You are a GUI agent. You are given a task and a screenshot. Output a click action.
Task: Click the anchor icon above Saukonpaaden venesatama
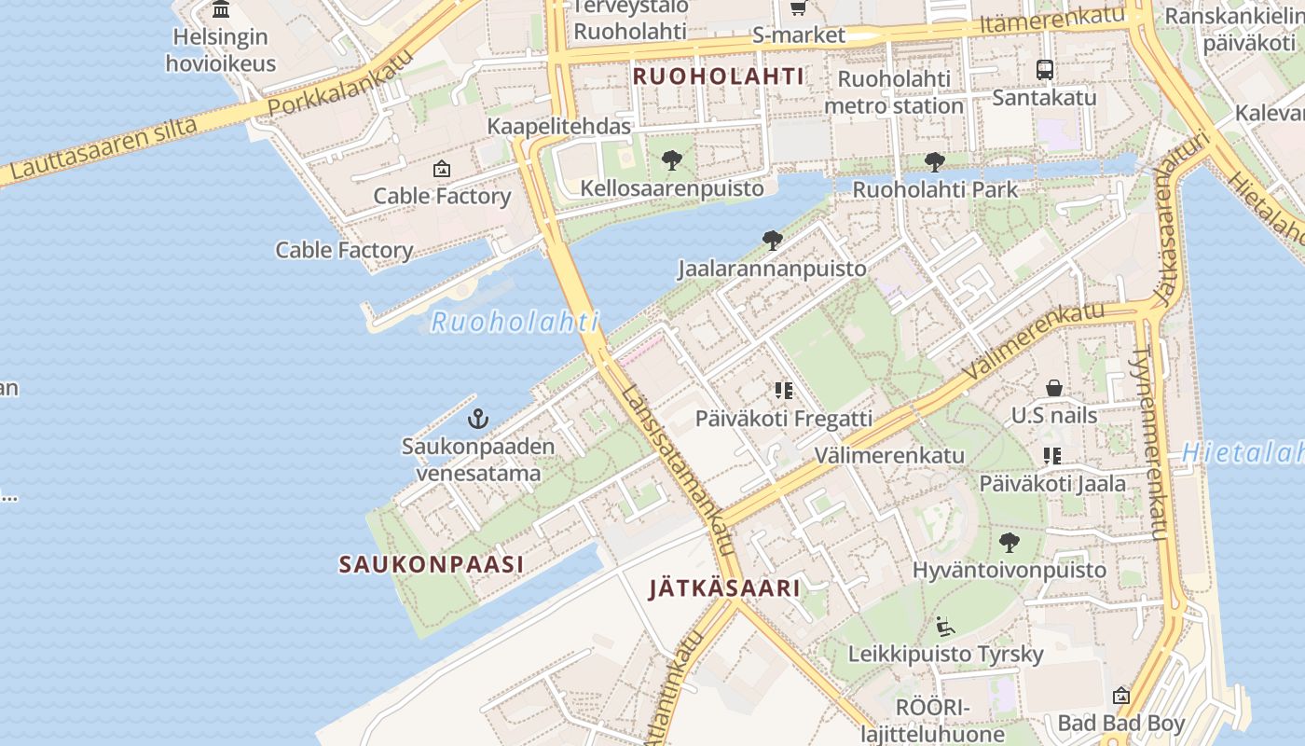[478, 419]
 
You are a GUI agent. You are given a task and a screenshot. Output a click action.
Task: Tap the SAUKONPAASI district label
[431, 564]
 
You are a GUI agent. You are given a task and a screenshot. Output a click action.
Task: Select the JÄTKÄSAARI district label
[724, 588]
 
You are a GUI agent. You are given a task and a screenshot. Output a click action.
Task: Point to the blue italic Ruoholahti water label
[514, 323]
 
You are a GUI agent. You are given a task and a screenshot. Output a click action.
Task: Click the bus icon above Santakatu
[1045, 69]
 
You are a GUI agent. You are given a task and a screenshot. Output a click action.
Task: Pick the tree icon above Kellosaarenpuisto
[671, 160]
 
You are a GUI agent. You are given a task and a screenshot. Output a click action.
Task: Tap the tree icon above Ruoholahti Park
[934, 162]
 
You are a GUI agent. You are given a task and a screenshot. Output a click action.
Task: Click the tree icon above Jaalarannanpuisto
[772, 241]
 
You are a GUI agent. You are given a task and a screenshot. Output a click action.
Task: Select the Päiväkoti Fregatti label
[784, 419]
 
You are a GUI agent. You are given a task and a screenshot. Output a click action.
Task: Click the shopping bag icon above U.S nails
[1054, 387]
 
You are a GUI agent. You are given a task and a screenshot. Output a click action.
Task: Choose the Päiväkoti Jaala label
[1052, 483]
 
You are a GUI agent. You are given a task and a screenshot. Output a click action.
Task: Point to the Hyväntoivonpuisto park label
[1010, 570]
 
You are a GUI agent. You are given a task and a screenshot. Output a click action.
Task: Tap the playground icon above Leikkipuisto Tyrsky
[945, 626]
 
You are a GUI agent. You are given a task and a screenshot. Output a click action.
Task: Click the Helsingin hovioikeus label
[221, 50]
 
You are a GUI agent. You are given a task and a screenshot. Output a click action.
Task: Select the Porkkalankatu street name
[339, 86]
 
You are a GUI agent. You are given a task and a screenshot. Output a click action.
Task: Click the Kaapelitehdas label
[559, 126]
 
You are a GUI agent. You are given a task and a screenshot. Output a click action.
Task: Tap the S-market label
[799, 35]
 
